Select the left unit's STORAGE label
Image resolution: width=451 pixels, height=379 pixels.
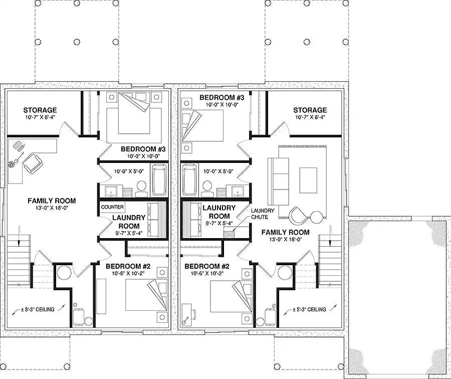click(x=40, y=110)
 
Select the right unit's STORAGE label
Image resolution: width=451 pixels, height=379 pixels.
click(x=310, y=110)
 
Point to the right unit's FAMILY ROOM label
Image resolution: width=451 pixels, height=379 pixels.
click(x=285, y=232)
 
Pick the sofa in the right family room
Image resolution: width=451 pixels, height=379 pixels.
click(x=278, y=180)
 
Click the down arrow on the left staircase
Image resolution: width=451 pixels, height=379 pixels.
click(x=19, y=236)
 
